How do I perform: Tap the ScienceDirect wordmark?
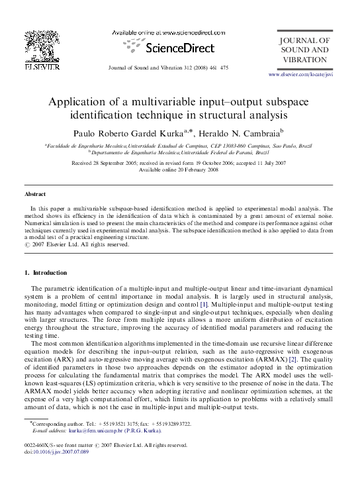[179, 48]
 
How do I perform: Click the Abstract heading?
[35, 194]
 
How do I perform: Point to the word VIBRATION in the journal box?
[304, 59]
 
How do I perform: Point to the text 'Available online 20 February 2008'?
[180, 169]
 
